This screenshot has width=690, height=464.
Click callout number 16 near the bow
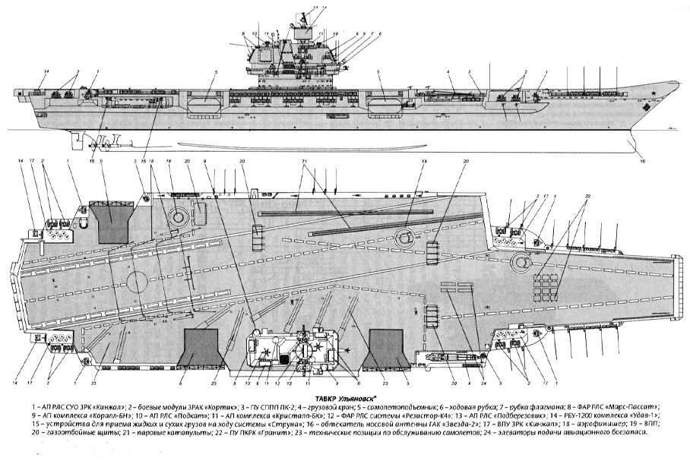coord(642,161)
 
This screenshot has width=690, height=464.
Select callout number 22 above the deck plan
coord(587,197)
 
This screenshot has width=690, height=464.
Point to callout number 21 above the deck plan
coord(304,163)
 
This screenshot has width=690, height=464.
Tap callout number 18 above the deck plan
coord(152,163)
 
